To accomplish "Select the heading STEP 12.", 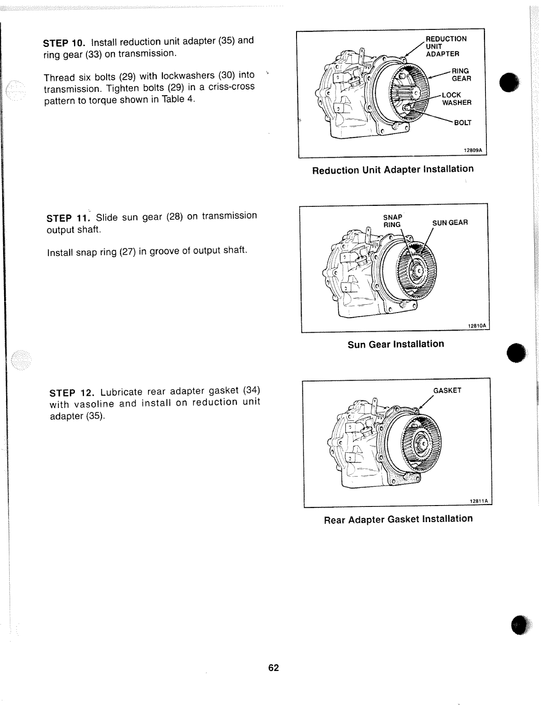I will point(71,393).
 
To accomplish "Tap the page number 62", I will point(274,668).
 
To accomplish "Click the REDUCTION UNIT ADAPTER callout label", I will point(446,46).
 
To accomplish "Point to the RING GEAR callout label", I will point(461,74).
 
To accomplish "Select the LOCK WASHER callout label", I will point(456,99).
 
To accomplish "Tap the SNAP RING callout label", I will point(393,221).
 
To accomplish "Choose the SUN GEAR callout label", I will point(450,223).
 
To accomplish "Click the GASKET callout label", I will point(447,391).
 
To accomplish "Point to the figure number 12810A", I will point(478,326).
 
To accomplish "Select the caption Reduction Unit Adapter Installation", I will point(393,170).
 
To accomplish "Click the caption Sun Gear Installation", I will point(396,344).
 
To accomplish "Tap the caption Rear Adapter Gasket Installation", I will point(398,519).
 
